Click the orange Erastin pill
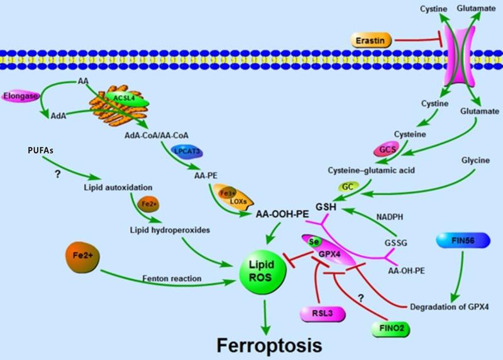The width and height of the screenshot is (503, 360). coord(372,41)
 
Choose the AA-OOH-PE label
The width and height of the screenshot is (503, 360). coord(282,214)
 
